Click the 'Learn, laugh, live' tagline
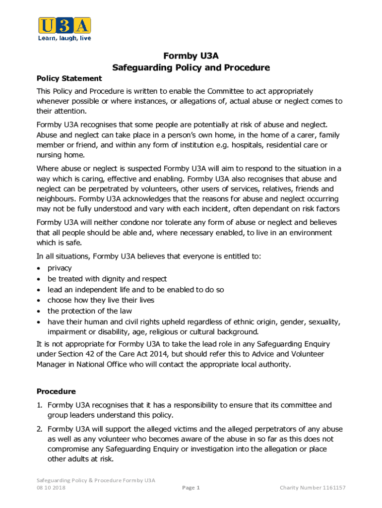pos(64,38)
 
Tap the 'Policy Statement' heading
pos(69,78)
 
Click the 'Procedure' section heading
pos(56,391)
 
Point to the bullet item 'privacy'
pos(60,268)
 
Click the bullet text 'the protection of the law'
pos(90,311)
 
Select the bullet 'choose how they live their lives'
pos(101,300)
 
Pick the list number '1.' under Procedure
pos(40,405)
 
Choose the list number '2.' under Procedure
pos(40,429)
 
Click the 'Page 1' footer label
pos(191,488)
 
